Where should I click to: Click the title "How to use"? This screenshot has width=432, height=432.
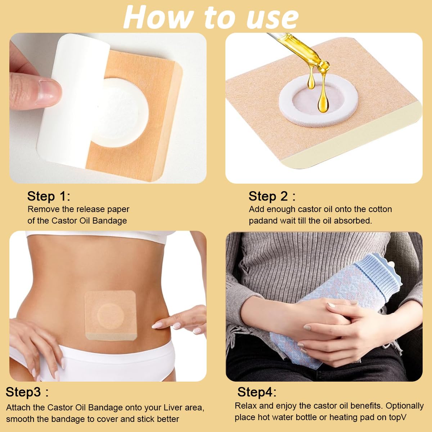point(211,17)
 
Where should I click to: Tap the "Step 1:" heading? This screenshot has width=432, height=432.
point(49,196)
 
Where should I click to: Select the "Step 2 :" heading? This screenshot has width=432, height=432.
point(272,196)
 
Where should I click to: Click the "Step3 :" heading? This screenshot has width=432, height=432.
point(27,392)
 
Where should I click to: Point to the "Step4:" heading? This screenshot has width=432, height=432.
point(257,392)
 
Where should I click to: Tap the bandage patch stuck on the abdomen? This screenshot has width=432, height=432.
point(110,315)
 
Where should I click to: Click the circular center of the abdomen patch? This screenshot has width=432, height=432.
point(111,314)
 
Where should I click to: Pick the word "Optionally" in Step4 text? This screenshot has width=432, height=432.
point(404,406)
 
